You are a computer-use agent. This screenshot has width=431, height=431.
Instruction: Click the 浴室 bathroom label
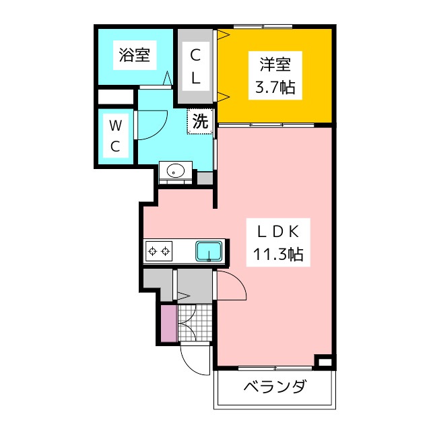[x=134, y=55]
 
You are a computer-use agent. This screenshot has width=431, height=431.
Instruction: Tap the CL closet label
[x=195, y=65]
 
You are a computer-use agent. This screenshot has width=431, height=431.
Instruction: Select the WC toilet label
[x=116, y=135]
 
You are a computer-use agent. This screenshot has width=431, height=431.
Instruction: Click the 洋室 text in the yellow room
[x=275, y=65]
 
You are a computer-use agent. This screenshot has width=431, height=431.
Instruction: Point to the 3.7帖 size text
[x=275, y=87]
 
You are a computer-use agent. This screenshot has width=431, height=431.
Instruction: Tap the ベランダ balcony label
[x=274, y=388]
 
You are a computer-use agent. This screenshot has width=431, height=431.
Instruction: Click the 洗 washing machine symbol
[x=200, y=122]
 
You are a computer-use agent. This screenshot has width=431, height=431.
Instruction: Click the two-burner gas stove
[x=159, y=252]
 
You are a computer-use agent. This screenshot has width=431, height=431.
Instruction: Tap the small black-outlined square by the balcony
[x=324, y=363]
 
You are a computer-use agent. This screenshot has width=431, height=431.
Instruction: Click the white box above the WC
[x=115, y=96]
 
